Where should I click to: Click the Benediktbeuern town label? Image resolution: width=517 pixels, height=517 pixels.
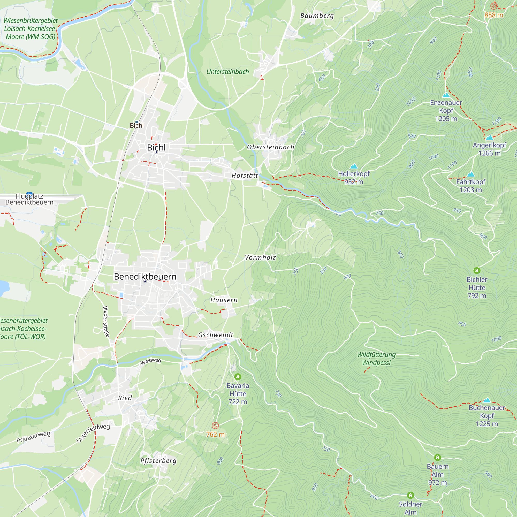click(x=145, y=276)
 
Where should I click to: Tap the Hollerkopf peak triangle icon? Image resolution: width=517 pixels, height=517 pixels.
click(x=354, y=166)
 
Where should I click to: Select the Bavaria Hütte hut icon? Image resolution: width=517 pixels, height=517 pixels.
click(x=238, y=377)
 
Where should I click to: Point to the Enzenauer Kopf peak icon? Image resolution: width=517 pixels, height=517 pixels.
click(x=446, y=95)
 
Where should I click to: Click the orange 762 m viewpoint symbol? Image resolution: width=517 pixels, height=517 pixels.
click(x=215, y=425)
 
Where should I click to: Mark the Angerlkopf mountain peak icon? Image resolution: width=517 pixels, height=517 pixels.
click(x=489, y=138)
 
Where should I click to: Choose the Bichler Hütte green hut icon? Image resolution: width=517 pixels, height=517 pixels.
click(x=477, y=271)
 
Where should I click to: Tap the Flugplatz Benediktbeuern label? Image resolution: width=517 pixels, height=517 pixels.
click(x=29, y=199)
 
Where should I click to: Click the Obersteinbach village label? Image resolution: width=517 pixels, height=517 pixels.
click(x=271, y=147)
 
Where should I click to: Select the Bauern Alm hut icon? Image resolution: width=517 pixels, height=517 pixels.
click(x=438, y=457)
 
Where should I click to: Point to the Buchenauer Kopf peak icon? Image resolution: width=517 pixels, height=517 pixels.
click(x=487, y=400)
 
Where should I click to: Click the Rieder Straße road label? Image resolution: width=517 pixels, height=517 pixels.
click(x=106, y=322)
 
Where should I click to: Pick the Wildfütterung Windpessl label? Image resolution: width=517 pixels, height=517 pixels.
click(x=376, y=359)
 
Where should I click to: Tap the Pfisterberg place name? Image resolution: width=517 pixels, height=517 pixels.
click(x=158, y=461)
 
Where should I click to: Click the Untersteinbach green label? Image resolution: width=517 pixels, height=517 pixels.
click(x=228, y=72)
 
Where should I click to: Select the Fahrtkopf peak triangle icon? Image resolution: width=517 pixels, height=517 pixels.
click(x=471, y=174)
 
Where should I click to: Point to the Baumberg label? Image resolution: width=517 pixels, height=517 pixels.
click(x=317, y=16)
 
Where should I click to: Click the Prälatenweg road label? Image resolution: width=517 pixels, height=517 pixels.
click(x=33, y=437)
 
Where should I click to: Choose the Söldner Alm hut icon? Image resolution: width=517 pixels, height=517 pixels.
click(x=410, y=495)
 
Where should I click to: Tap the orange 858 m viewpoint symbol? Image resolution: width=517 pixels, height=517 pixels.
click(x=494, y=6)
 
